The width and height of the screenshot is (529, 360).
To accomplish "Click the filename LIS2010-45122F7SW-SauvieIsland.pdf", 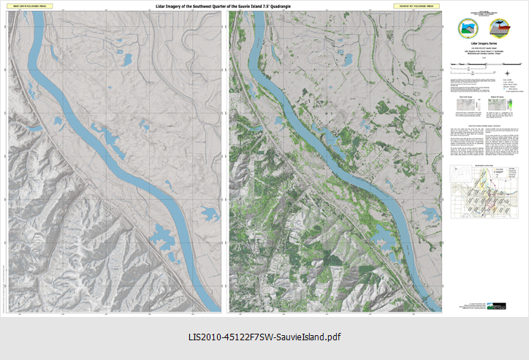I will click(x=264, y=337).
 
